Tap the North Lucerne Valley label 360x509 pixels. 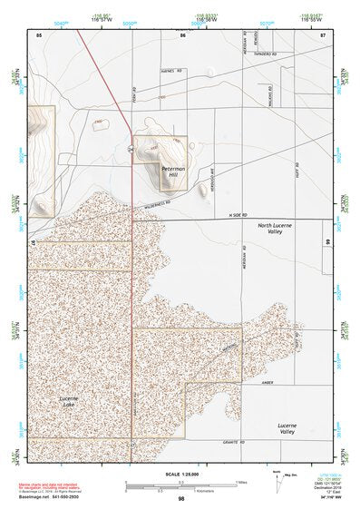click(x=276, y=228)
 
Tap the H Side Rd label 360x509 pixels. click(x=238, y=215)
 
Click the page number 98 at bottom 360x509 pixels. click(x=182, y=499)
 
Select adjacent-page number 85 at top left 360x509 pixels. click(x=39, y=34)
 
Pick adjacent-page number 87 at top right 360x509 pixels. click(x=322, y=34)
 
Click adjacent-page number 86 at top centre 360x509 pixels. click(x=182, y=34)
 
